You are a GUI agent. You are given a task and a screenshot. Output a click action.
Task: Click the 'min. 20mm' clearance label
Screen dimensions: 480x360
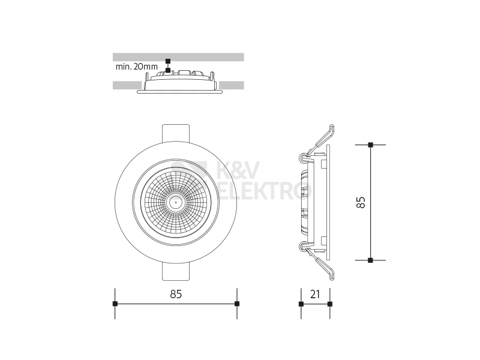click(137, 67)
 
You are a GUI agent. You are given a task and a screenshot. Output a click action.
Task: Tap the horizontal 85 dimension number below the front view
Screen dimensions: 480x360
click(176, 294)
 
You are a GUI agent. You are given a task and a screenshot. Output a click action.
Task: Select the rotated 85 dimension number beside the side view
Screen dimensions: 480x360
click(361, 202)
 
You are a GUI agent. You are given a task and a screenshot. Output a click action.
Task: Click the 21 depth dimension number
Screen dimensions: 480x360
click(315, 294)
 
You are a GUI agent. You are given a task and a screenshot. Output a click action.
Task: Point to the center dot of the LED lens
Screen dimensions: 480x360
click(176, 202)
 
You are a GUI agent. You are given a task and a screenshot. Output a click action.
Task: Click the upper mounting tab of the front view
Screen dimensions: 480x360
click(176, 133)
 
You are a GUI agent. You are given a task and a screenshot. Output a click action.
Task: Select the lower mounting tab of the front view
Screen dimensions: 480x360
click(176, 272)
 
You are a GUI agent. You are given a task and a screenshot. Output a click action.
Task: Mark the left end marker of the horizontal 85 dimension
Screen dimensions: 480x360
click(115, 304)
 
